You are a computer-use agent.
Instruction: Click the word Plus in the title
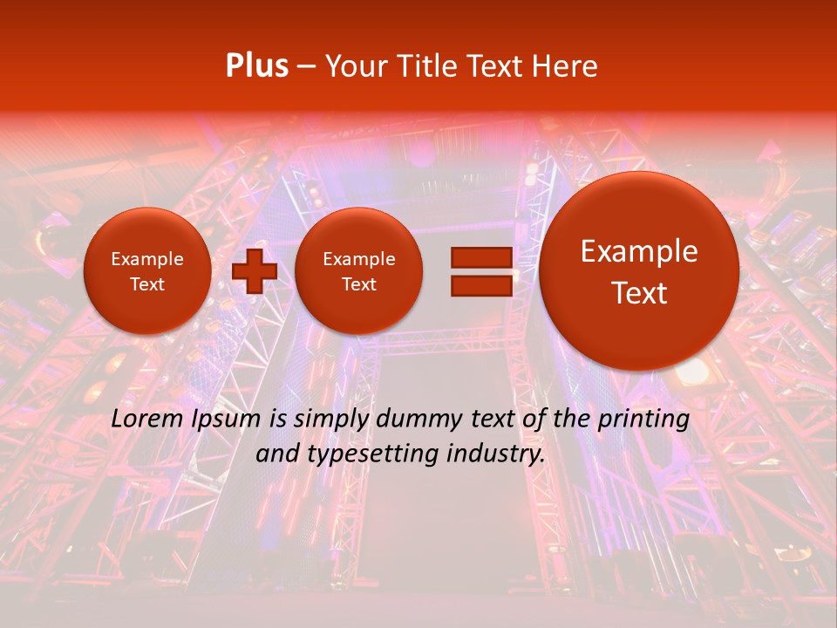(256, 66)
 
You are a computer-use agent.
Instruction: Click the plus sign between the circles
(255, 271)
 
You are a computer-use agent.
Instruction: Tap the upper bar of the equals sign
(480, 257)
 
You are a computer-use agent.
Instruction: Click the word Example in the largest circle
(639, 251)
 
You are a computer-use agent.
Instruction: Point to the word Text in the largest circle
(639, 293)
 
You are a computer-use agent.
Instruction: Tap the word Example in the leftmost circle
(147, 259)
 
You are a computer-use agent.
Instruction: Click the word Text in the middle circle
(359, 284)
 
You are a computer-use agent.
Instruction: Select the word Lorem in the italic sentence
(148, 419)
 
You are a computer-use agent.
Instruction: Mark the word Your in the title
(356, 66)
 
